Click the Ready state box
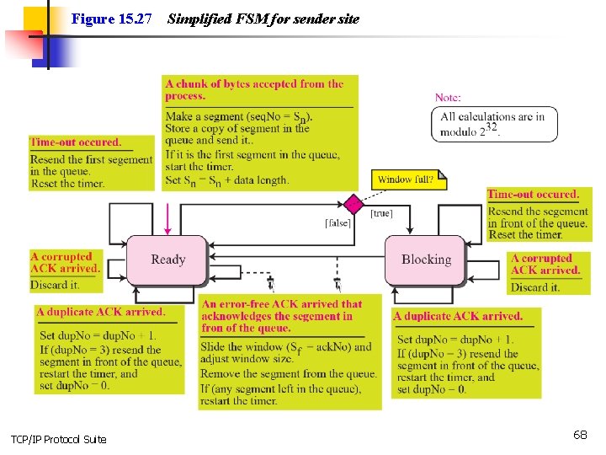167,260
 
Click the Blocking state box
426,260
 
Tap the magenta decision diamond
354,204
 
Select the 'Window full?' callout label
407,179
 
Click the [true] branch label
381,213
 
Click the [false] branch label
338,222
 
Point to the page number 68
580,435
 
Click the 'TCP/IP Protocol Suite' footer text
59,439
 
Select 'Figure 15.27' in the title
112,19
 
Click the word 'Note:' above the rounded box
448,98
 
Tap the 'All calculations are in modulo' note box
497,124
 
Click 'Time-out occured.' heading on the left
76,142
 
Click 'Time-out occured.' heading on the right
533,195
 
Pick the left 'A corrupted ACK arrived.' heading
64,262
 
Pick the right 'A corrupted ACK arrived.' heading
545,265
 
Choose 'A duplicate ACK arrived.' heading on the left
100,312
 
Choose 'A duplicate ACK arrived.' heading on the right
458,316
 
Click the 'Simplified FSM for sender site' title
263,19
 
